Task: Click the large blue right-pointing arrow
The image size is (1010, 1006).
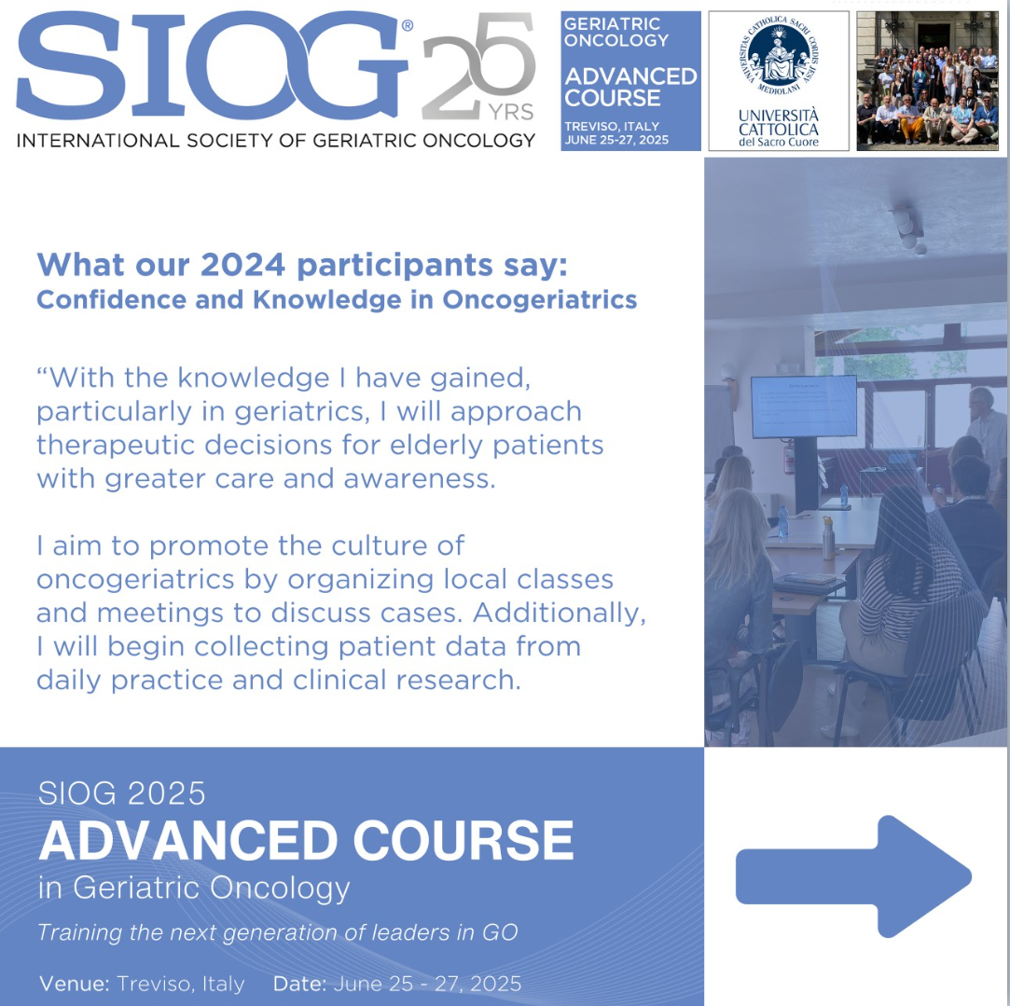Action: [853, 875]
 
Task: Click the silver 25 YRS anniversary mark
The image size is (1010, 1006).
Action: [478, 66]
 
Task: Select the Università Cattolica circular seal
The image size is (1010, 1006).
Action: [779, 56]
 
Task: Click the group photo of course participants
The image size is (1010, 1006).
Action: [928, 80]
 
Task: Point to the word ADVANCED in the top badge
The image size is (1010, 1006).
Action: [630, 76]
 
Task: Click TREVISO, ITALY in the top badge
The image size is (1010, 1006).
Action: [612, 126]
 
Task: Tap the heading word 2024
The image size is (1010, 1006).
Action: [242, 265]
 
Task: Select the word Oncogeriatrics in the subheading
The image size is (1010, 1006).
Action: [540, 299]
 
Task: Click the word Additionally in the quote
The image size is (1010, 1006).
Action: [560, 613]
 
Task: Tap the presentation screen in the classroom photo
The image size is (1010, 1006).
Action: [804, 407]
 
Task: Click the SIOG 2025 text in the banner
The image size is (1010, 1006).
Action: [122, 793]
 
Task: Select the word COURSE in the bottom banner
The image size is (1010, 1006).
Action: [463, 840]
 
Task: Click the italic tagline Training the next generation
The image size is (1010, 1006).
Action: [278, 932]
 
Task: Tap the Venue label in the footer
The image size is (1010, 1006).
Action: [74, 985]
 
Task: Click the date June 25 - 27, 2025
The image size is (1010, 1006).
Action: [427, 985]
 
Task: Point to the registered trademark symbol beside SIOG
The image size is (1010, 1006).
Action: [408, 25]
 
